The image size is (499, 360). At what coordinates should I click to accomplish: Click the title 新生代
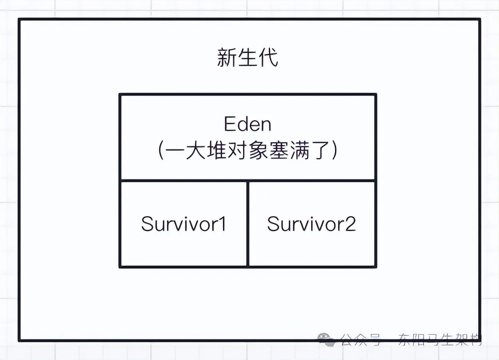(x=248, y=58)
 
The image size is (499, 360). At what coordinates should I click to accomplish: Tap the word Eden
(x=248, y=124)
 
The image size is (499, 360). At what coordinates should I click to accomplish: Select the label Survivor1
(x=184, y=224)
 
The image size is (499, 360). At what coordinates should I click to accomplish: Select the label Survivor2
(x=311, y=224)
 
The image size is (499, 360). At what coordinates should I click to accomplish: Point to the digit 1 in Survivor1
(x=222, y=224)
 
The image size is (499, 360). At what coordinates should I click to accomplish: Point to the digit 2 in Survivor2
(x=351, y=224)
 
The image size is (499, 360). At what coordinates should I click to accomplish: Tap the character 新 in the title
(x=227, y=58)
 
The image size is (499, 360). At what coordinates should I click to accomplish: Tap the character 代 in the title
(x=268, y=58)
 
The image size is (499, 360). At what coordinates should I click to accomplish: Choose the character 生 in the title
(x=248, y=58)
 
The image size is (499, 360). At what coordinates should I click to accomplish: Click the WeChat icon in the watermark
(x=327, y=340)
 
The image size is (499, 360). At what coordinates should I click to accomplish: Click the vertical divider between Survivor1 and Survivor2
(x=248, y=224)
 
